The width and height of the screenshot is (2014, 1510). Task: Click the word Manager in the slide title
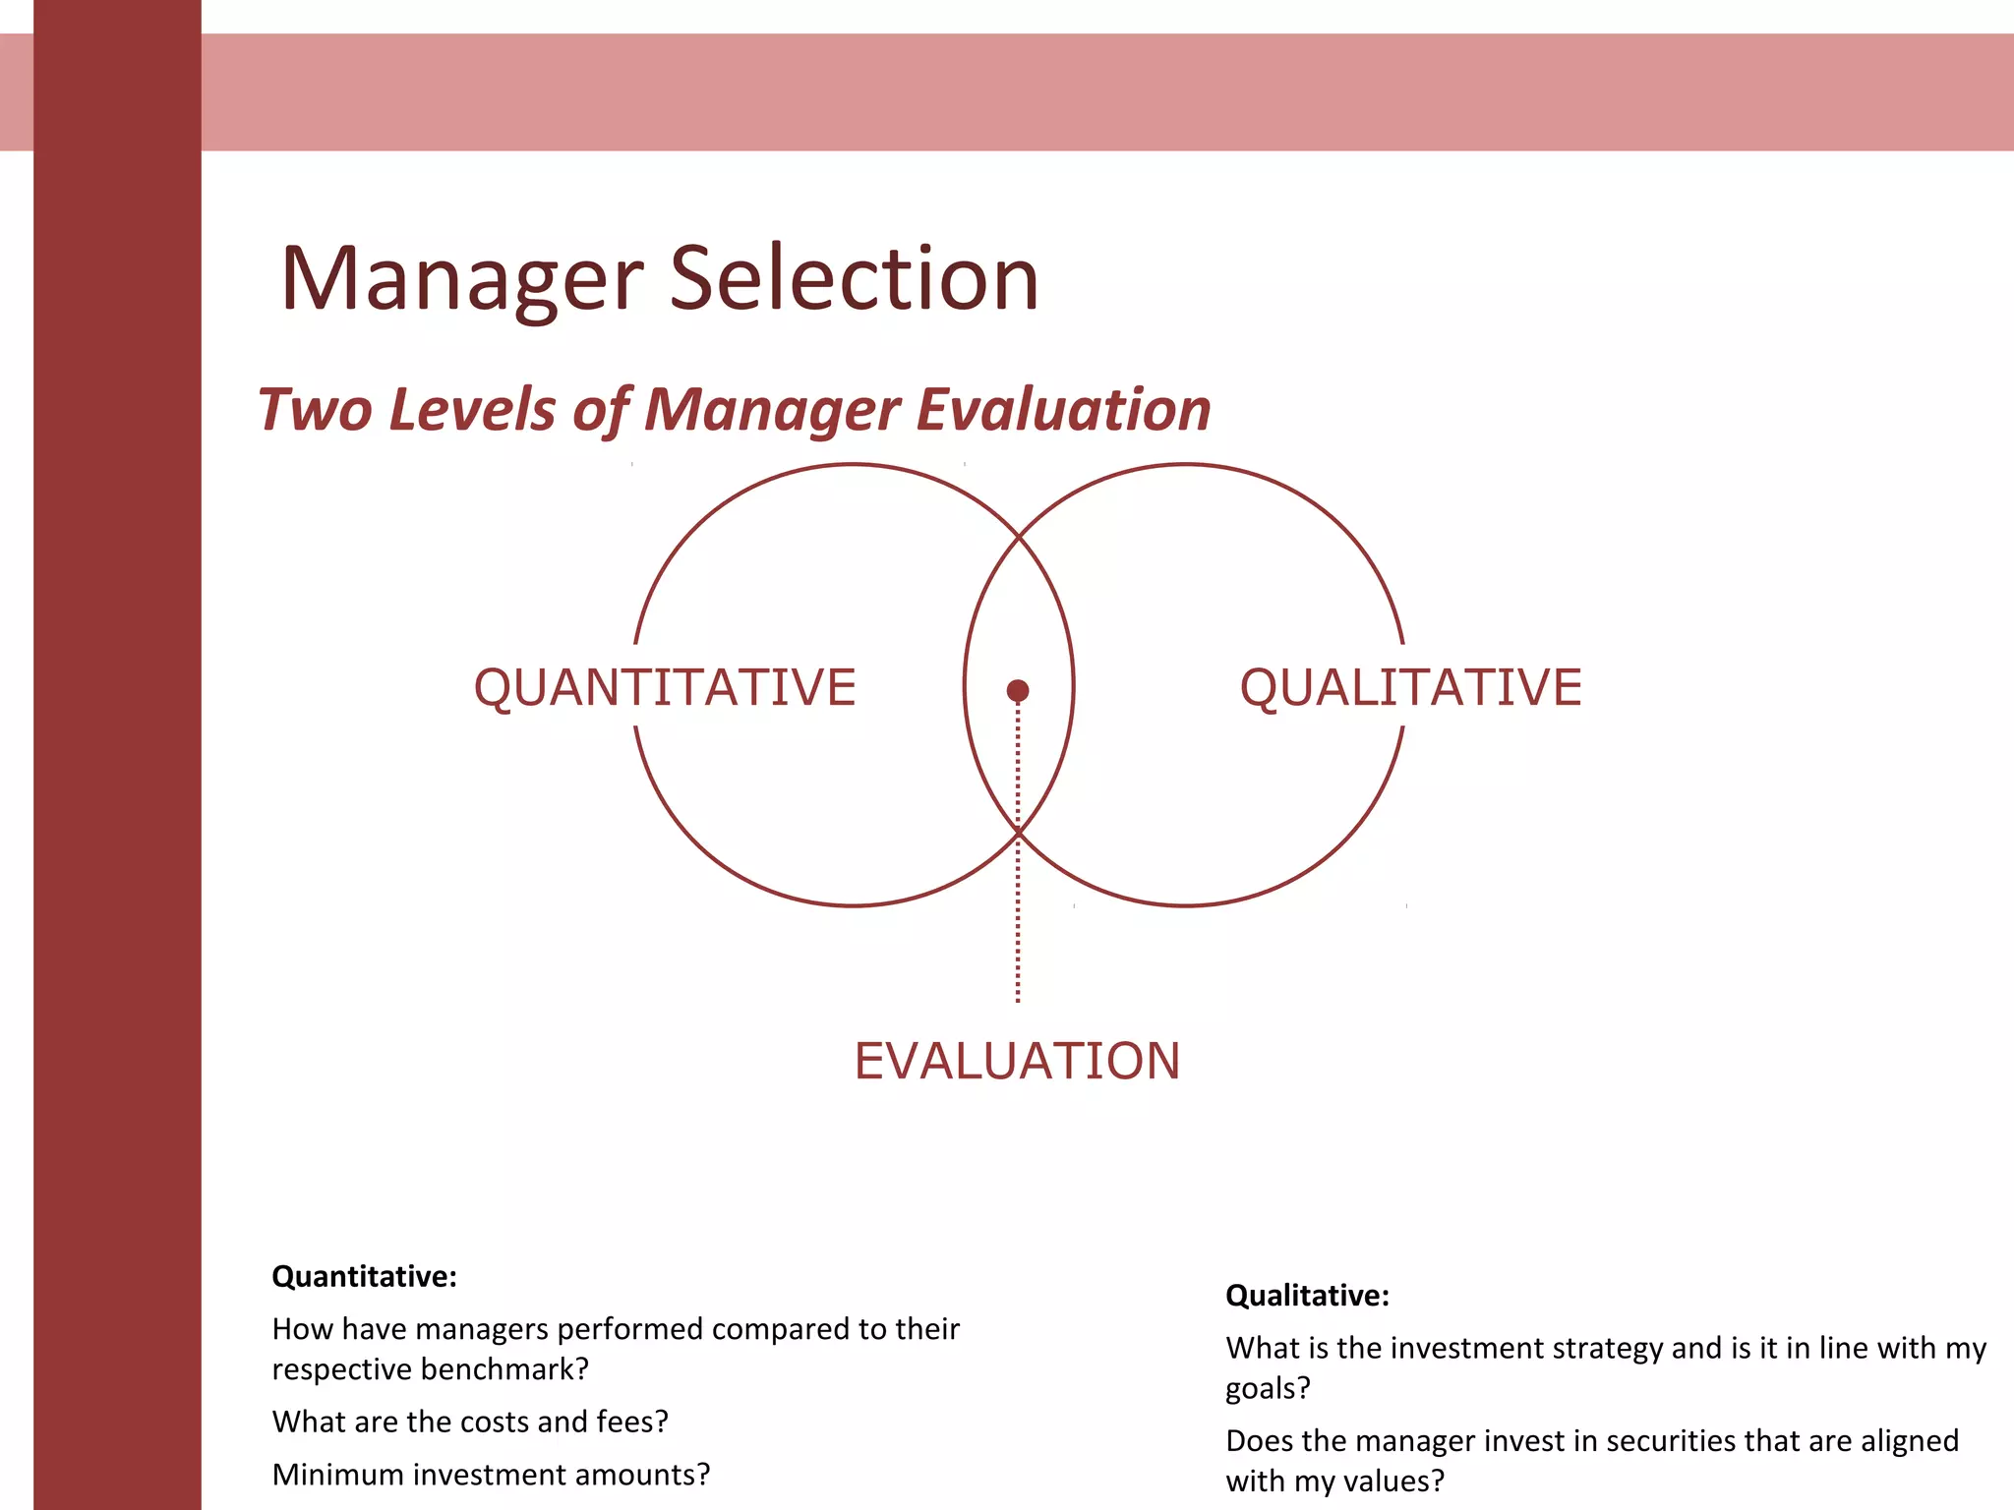pos(462,280)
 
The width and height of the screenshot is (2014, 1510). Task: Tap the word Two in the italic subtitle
pos(315,409)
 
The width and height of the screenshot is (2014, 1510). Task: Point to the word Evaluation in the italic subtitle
pos(1063,409)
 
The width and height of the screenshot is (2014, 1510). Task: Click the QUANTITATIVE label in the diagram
pos(665,687)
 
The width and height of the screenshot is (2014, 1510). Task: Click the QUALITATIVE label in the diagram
pos(1410,687)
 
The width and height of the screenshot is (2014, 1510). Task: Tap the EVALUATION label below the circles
pos(1017,1062)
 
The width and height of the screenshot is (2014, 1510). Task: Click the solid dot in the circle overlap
pos(1018,691)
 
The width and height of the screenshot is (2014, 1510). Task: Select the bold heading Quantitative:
pos(364,1276)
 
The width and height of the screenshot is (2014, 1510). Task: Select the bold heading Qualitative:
pos(1307,1296)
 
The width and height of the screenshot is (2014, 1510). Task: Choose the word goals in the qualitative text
pos(1267,1388)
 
